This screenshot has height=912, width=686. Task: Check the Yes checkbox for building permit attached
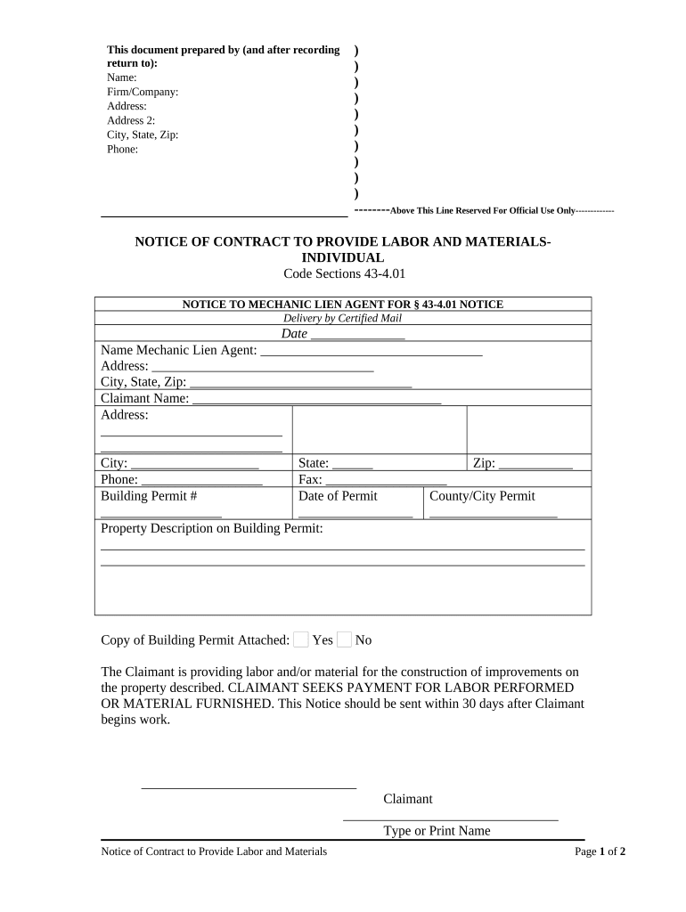(301, 639)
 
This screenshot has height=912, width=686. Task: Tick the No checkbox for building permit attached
(345, 639)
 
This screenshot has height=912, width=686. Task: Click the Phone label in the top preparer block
(123, 150)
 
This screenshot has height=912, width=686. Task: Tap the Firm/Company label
(143, 92)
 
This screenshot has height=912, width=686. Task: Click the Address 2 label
(131, 120)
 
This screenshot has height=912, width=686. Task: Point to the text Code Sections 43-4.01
(343, 273)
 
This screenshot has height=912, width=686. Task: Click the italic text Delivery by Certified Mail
(343, 318)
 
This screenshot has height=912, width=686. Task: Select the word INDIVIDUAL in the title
(343, 257)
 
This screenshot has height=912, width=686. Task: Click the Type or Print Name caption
(437, 831)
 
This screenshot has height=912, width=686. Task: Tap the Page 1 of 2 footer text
(600, 851)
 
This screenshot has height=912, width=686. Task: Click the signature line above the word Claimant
(249, 786)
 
